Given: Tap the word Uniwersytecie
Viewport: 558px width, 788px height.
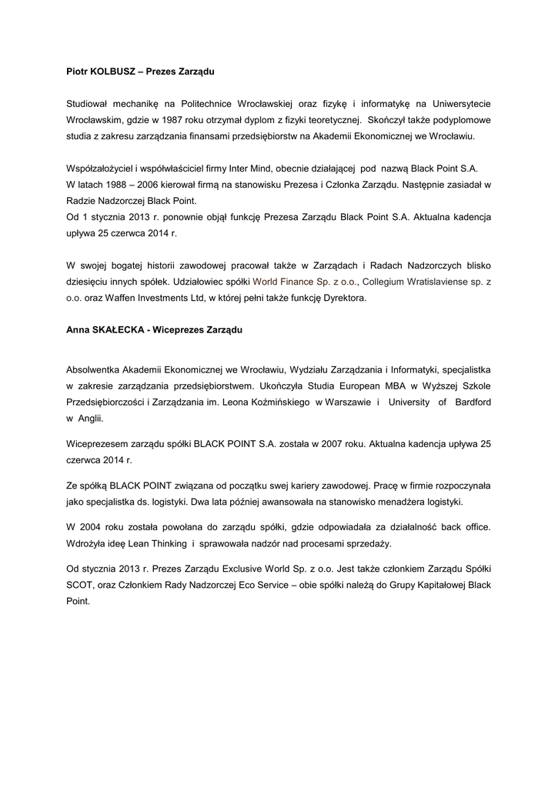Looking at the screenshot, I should click(459, 103).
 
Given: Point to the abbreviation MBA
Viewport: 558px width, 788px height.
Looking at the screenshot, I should click(365, 384).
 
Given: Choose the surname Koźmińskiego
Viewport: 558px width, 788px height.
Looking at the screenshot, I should click(276, 402).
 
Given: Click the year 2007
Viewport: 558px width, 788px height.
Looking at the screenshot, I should click(370, 444).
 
